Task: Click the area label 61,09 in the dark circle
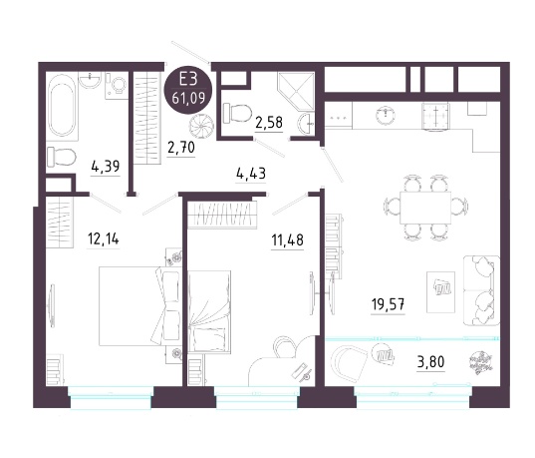pos(188,99)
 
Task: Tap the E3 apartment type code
pos(188,80)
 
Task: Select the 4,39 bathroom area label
pos(106,167)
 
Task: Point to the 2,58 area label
pos(269,123)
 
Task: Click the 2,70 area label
pos(181,148)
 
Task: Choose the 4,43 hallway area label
pos(251,174)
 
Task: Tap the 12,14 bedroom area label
pos(103,238)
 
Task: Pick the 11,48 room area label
pos(287,240)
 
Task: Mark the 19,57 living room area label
pos(388,304)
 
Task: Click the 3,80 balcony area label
pos(431,361)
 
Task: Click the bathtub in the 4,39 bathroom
pos(62,106)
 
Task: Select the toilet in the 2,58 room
pos(237,113)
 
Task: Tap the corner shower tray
pos(296,91)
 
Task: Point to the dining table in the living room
pos(425,208)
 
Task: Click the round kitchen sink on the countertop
pos(386,115)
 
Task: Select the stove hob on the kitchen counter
pos(435,116)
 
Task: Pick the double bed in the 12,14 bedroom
pos(140,306)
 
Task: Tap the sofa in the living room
pos(481,290)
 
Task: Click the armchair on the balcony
pos(349,361)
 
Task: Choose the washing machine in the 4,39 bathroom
pos(117,86)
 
